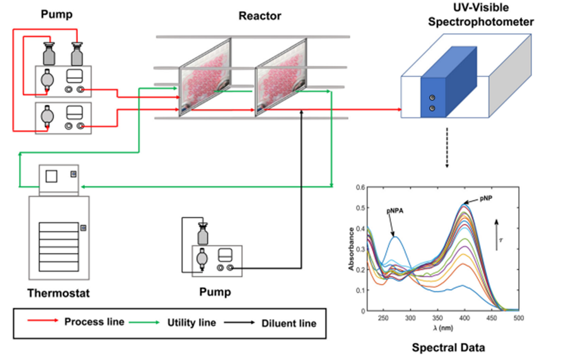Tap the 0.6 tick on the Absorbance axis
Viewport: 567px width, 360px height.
361,187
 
